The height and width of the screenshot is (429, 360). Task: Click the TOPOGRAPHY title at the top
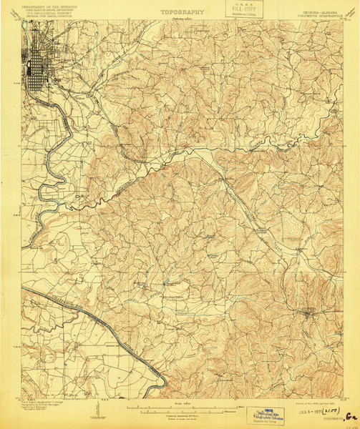[x=182, y=12]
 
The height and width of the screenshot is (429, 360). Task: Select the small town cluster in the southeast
[x=308, y=312]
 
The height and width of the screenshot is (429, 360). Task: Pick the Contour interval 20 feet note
[x=182, y=413]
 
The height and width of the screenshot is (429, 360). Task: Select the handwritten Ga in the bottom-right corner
[x=350, y=415]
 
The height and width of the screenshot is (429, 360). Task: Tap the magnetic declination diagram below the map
[x=95, y=409]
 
